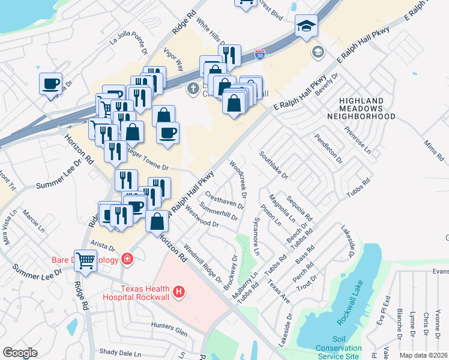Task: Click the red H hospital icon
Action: coord(178,292)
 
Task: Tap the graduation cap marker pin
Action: coord(306,26)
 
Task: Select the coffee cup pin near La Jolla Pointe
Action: coord(50,83)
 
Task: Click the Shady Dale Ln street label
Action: coord(119,352)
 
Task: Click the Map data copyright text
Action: coord(423,355)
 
